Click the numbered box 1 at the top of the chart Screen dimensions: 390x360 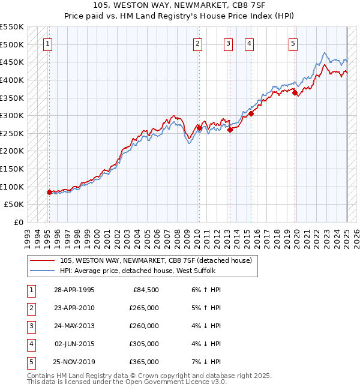pos(47,43)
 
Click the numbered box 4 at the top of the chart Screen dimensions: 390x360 pos(248,43)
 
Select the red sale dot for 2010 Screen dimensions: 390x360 pos(199,128)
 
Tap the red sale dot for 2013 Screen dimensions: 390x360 pos(230,130)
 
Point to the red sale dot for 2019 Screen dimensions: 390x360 pos(295,92)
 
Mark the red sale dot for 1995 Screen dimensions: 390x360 pos(49,192)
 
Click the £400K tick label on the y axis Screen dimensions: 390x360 pos(12,80)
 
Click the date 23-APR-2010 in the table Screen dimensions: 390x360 pos(74,308)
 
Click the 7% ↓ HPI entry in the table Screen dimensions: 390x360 pos(207,362)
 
